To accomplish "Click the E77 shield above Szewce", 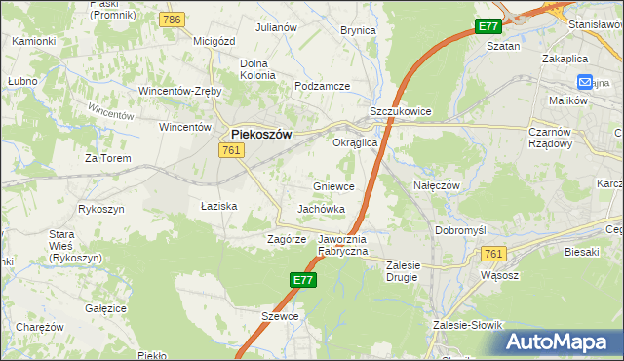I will (302, 280).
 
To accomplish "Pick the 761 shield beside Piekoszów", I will (231, 149).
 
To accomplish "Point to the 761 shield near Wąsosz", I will (493, 254).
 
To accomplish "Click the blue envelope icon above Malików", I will (585, 83).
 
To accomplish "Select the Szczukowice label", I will (400, 112).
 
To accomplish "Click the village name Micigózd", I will (214, 41).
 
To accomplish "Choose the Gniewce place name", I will (333, 185).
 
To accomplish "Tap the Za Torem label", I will (107, 157).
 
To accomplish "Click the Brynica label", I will (358, 30).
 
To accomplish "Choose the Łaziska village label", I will (219, 206).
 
